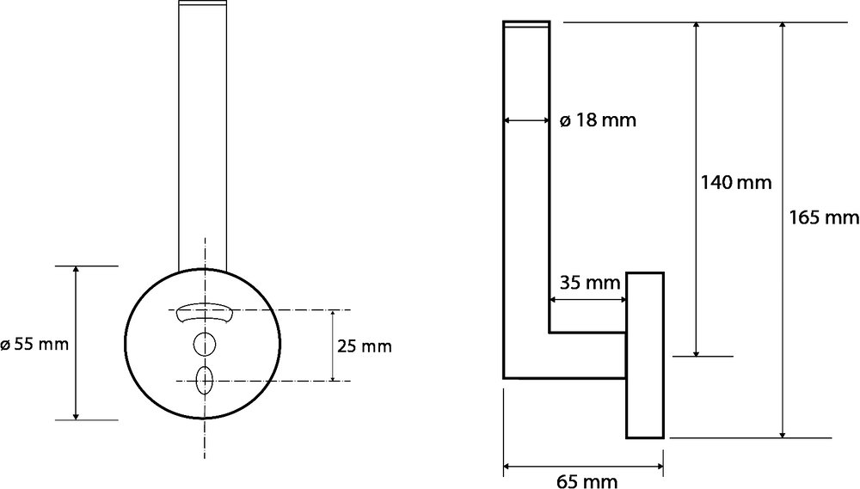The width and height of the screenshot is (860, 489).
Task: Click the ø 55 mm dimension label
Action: pyautogui.click(x=34, y=344)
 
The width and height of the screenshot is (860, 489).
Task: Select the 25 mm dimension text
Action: pyautogui.click(x=364, y=346)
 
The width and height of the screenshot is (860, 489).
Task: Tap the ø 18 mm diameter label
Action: pyautogui.click(x=598, y=120)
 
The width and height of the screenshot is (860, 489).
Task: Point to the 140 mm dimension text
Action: pyautogui.click(x=736, y=182)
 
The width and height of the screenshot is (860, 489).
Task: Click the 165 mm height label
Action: pyautogui.click(x=824, y=217)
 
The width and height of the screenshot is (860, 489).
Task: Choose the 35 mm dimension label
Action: pyautogui.click(x=590, y=283)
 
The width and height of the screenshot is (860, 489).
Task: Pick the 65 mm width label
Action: pyautogui.click(x=587, y=481)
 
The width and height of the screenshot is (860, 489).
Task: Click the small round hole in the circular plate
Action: pyautogui.click(x=205, y=344)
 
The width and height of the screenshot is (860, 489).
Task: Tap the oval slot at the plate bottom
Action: pyautogui.click(x=204, y=379)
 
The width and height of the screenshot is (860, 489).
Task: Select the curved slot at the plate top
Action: pyautogui.click(x=204, y=314)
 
